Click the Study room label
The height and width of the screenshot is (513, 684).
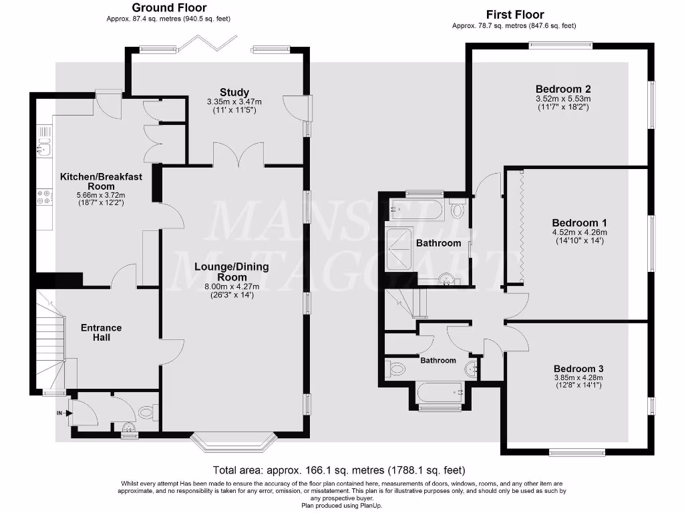[x=234, y=92]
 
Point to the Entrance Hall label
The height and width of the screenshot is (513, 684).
[x=101, y=333]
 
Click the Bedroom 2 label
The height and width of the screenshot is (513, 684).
[x=563, y=89]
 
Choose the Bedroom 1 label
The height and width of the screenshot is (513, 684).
[x=579, y=222]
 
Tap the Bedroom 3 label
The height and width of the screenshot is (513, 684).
[x=578, y=369]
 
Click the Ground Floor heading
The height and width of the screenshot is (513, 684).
[x=169, y=8]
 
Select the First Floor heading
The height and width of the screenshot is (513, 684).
[x=514, y=14]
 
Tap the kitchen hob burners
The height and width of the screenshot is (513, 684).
[x=44, y=197]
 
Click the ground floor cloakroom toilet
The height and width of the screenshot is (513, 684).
[x=148, y=412]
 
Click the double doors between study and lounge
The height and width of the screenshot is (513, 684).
[x=238, y=155]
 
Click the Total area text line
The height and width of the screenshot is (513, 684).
[x=339, y=470]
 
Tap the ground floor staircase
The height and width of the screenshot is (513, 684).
[x=50, y=341]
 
